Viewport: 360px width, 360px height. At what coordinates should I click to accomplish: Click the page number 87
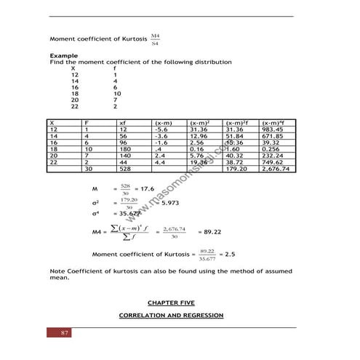[64, 333]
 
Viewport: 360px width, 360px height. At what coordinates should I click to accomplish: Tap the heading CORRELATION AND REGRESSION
[170, 315]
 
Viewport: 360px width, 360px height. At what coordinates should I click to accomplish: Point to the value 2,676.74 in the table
[277, 169]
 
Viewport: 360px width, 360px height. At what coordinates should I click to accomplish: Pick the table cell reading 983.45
[274, 129]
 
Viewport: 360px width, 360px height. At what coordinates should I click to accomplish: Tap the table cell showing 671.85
[274, 136]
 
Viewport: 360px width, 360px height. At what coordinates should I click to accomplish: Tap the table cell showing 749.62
[274, 162]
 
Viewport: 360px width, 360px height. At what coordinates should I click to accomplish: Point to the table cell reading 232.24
[274, 156]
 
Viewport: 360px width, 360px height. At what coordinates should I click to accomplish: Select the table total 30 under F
[88, 169]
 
